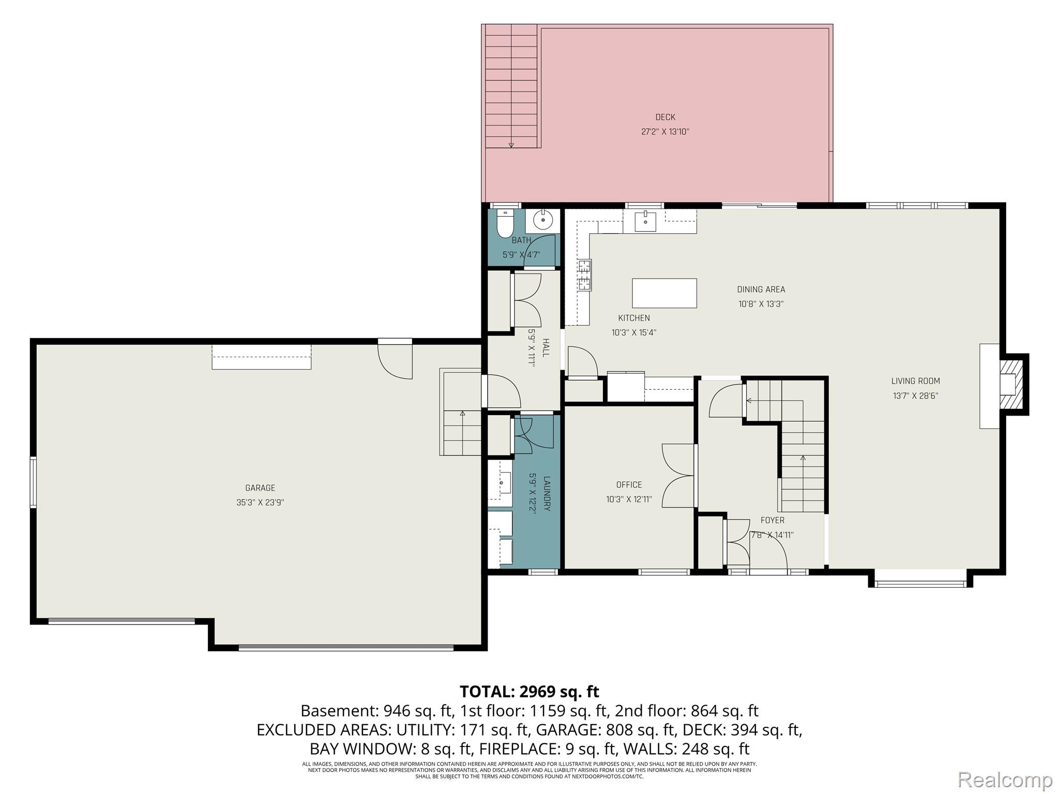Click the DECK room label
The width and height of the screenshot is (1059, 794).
[x=665, y=117]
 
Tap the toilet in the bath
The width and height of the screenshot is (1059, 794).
[x=504, y=224]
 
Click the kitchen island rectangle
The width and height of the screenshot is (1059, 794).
[x=664, y=293]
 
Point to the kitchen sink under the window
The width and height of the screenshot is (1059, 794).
[x=645, y=221]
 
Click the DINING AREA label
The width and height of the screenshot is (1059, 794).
[x=761, y=289]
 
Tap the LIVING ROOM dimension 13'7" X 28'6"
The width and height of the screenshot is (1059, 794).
[x=915, y=396]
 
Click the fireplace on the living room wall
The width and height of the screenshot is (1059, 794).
[x=1008, y=384]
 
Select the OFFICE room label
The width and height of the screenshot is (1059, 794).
[x=629, y=485]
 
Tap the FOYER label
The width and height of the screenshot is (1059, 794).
[x=772, y=521]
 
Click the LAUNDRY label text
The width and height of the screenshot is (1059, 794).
[x=547, y=494]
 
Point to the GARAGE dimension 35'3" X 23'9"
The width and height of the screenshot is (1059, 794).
[x=260, y=502]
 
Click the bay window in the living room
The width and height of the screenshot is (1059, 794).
[x=920, y=584]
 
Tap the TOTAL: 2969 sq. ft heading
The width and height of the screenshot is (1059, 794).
[x=529, y=691]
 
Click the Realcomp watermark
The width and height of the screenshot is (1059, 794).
[x=1005, y=780]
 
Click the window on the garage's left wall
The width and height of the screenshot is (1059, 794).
[x=33, y=482]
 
